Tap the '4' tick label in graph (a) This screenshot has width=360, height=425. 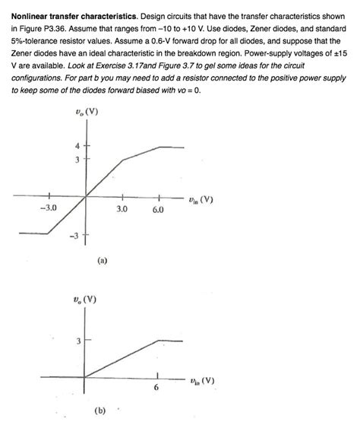[x=76, y=146]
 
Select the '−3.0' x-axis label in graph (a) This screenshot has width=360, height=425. [x=49, y=208]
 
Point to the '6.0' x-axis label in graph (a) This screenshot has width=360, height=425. [x=158, y=208]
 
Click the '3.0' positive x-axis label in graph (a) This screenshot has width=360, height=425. [x=122, y=208]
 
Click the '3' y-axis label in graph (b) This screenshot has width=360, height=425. [x=77, y=340]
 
